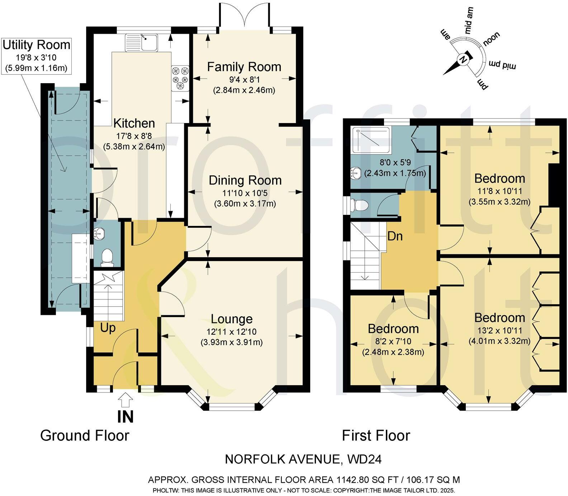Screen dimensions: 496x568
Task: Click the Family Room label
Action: (x=244, y=67)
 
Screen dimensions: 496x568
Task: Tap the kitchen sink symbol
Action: (x=142, y=42)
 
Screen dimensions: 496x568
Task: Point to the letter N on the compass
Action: (x=463, y=60)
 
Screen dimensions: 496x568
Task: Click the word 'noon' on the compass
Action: (x=491, y=39)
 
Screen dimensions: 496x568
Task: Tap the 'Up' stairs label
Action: (x=108, y=328)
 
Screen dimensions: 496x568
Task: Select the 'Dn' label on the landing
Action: (x=395, y=236)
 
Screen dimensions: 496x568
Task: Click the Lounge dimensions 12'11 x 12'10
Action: (x=231, y=332)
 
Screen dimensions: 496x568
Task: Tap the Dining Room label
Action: (x=245, y=180)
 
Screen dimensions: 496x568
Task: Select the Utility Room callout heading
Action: (x=36, y=45)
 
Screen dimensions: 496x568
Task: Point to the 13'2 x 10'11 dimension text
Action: (x=500, y=330)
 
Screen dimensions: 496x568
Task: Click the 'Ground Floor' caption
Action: (x=85, y=435)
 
